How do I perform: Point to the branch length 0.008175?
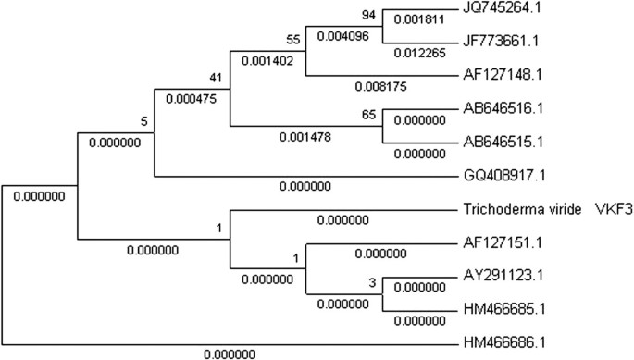[379, 87]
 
